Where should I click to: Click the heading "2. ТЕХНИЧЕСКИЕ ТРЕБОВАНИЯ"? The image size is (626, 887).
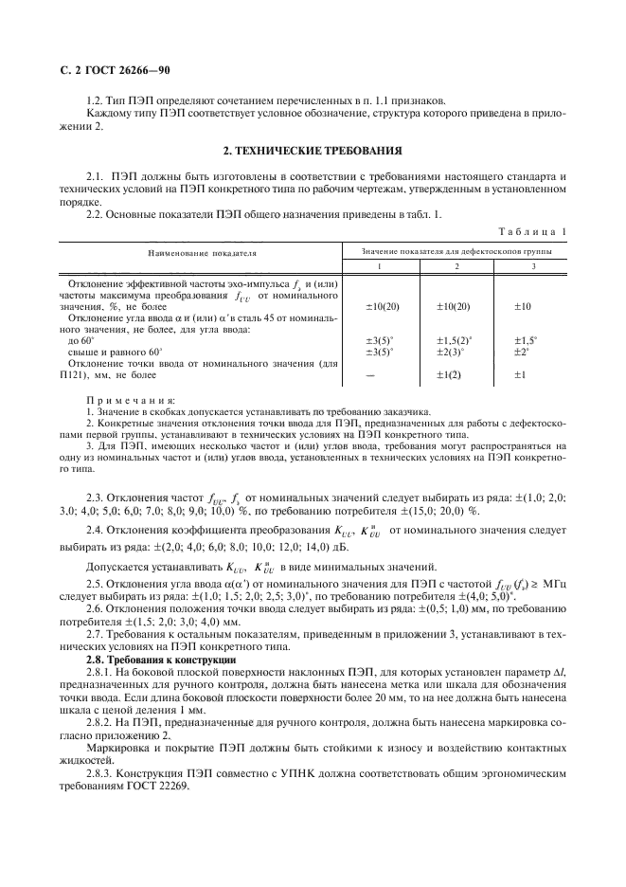pyautogui.click(x=313, y=151)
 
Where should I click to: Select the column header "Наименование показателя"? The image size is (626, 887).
pyautogui.click(x=201, y=254)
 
